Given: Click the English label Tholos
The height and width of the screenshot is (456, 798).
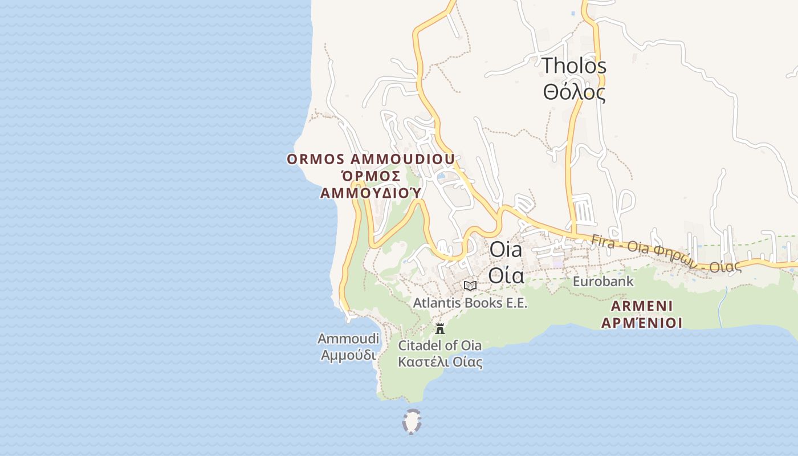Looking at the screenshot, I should pos(574,66).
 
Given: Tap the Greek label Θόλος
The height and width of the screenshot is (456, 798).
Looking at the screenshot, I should pos(574,92).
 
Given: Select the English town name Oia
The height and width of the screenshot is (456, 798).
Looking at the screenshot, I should pos(506,250).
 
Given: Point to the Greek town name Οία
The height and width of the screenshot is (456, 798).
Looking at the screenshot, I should pos(506,275).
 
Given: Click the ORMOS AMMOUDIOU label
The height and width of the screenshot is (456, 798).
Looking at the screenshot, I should pos(370,159).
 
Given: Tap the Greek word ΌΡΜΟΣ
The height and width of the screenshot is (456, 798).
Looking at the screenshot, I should pos(370,176).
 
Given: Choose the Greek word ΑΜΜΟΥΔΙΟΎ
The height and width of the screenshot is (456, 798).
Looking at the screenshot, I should pos(370,193).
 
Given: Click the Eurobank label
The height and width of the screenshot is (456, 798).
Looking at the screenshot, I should pos(603,282).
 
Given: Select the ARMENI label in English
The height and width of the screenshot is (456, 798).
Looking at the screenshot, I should pos(641,306).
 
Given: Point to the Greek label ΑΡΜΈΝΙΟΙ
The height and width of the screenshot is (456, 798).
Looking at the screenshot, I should pos(641,323).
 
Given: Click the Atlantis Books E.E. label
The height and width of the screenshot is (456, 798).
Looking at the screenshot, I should pos(470,303).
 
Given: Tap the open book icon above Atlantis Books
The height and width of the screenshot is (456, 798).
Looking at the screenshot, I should pos(470,286).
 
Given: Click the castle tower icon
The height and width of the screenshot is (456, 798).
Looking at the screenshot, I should pos(440,329).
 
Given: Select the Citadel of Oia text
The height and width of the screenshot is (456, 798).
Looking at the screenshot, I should pos(439,345).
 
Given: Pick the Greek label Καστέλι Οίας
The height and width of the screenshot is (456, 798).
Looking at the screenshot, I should pos(439,362).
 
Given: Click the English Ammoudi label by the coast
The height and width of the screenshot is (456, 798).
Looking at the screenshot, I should pos(348,339).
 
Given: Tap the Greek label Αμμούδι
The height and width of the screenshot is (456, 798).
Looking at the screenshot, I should pos(348,355).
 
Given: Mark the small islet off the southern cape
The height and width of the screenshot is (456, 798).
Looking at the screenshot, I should pos(412,422).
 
